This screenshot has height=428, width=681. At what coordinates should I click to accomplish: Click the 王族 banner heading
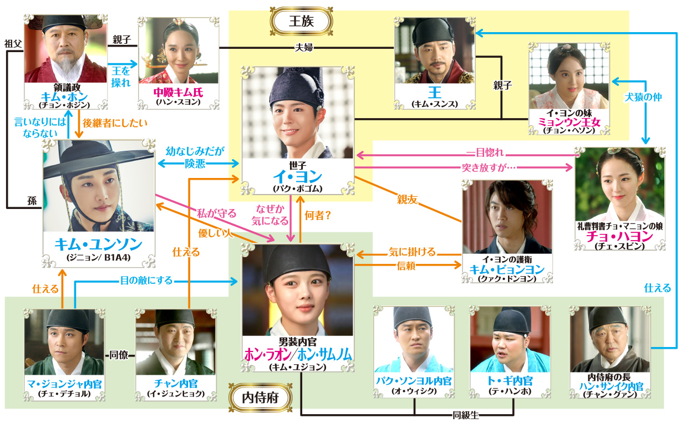tap(301, 22)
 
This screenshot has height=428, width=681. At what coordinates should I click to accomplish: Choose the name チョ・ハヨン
tap(619, 236)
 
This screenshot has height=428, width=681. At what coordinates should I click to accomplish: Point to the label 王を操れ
tap(121, 77)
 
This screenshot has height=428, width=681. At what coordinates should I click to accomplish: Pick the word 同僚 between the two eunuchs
tap(119, 355)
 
